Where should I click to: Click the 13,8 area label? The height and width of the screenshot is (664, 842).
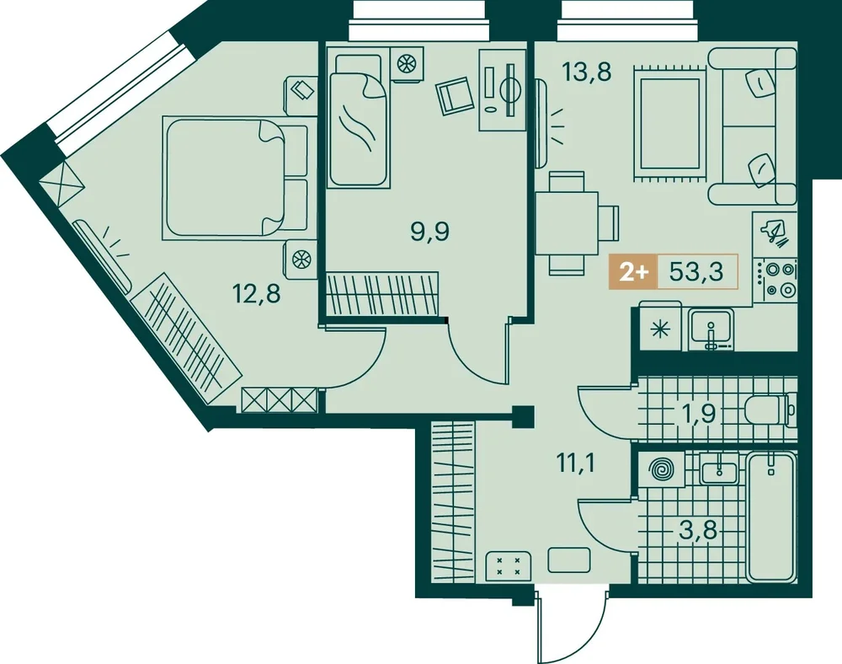[x=586, y=72]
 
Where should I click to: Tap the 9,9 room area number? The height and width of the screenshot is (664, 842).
[x=429, y=232]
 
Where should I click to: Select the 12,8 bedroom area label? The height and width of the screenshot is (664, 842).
[x=256, y=294]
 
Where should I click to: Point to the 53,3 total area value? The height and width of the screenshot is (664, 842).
[x=696, y=272]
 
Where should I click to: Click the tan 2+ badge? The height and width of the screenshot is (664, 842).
[x=634, y=272]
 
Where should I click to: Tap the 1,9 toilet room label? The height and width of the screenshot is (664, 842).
[x=697, y=413]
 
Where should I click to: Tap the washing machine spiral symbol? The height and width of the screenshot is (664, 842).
[x=661, y=470]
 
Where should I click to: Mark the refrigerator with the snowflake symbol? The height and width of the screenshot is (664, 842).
[x=658, y=328]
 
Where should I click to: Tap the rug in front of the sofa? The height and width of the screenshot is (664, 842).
[x=669, y=121]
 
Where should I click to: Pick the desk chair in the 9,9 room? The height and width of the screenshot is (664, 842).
[x=455, y=95]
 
